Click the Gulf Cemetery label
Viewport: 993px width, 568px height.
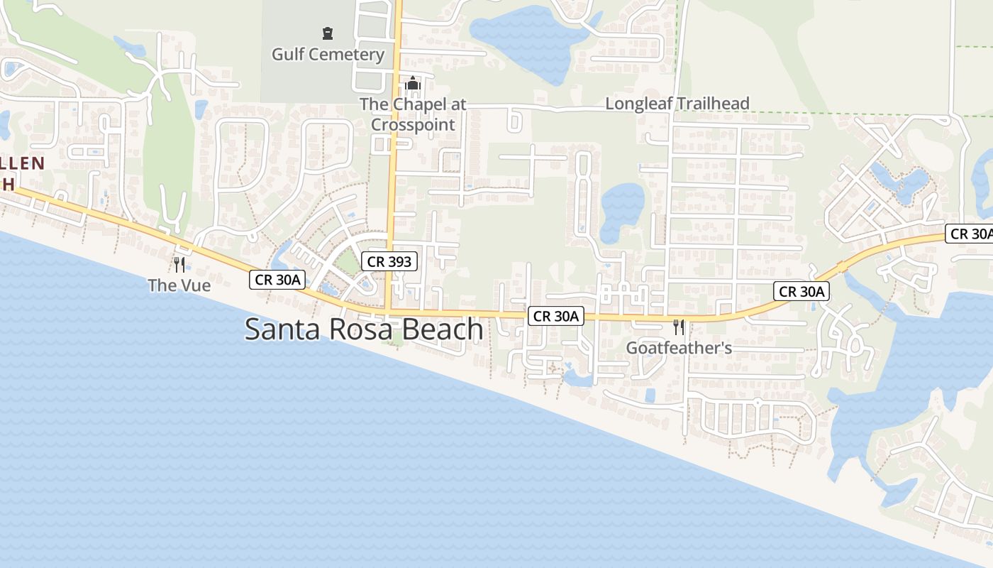(328, 55)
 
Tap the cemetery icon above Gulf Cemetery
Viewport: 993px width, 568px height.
(328, 33)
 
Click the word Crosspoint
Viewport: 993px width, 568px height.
(413, 124)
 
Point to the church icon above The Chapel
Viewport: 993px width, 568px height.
(413, 84)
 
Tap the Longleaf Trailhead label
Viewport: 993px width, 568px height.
(677, 104)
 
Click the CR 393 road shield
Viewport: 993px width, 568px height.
(389, 261)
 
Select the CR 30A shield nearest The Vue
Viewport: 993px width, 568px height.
(278, 280)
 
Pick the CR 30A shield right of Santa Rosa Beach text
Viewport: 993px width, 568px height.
(555, 316)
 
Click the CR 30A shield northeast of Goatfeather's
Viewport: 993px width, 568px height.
(801, 291)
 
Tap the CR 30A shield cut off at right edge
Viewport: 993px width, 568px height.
(970, 234)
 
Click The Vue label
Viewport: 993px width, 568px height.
(179, 285)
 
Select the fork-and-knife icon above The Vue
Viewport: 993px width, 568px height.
(179, 265)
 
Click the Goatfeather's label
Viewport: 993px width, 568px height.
(679, 349)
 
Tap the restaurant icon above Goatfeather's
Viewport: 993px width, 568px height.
(679, 327)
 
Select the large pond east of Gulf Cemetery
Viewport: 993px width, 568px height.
(525, 39)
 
